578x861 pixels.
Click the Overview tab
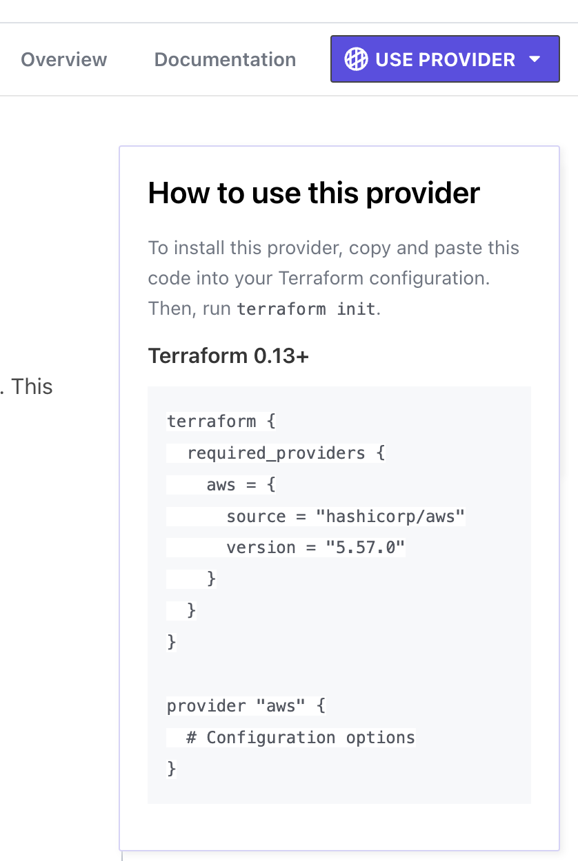click(x=63, y=60)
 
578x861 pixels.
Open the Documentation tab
click(x=225, y=60)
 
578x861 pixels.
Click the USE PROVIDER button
click(x=444, y=60)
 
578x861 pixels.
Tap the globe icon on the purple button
click(x=356, y=60)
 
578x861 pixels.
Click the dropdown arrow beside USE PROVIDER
click(x=535, y=60)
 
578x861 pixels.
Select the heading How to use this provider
click(x=314, y=193)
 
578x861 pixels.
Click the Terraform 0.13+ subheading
click(x=228, y=356)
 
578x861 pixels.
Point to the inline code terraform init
click(x=307, y=309)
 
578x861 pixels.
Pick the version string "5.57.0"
click(x=366, y=548)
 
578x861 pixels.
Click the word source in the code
click(x=256, y=516)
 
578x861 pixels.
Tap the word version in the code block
click(x=261, y=548)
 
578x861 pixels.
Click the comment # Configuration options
click(x=301, y=738)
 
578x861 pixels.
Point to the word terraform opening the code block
click(x=211, y=421)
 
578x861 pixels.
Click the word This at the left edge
click(x=32, y=386)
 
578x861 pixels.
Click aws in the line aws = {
click(x=221, y=484)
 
